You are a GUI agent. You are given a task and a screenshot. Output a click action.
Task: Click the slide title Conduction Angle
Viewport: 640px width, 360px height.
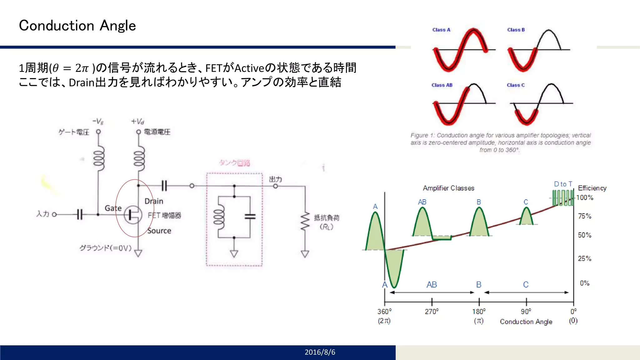click(77, 26)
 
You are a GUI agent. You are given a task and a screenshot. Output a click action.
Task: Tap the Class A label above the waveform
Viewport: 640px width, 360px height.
click(441, 30)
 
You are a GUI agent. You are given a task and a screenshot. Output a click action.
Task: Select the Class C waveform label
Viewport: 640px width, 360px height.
click(515, 85)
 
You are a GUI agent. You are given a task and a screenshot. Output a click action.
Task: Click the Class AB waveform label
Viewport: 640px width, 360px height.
click(442, 85)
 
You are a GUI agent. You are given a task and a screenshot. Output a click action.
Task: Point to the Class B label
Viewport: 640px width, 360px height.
click(516, 30)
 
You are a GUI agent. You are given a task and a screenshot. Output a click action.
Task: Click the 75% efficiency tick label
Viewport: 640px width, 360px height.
click(584, 216)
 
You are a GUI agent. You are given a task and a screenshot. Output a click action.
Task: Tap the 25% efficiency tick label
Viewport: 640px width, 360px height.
click(584, 258)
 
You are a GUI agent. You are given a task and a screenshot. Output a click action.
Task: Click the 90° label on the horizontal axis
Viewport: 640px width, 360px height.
click(526, 312)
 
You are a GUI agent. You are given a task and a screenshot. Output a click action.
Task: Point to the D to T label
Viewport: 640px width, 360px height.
click(563, 184)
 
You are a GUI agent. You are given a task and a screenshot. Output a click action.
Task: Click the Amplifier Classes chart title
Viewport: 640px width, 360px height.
click(448, 188)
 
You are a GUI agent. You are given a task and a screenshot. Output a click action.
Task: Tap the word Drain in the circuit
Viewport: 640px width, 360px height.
click(154, 201)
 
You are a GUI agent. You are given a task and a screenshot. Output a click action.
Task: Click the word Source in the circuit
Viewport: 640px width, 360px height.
click(159, 231)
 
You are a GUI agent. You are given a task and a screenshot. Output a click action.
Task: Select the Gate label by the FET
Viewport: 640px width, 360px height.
click(113, 208)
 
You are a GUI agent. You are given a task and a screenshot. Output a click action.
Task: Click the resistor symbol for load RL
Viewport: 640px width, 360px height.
click(305, 222)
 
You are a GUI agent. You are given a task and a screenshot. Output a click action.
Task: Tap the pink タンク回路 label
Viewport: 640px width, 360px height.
click(234, 163)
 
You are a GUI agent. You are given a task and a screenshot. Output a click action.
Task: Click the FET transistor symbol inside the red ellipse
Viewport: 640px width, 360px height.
click(132, 215)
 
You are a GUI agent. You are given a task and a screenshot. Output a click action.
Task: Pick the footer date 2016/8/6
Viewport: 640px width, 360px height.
click(320, 352)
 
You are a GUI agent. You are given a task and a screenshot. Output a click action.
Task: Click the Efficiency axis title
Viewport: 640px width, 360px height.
click(592, 188)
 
